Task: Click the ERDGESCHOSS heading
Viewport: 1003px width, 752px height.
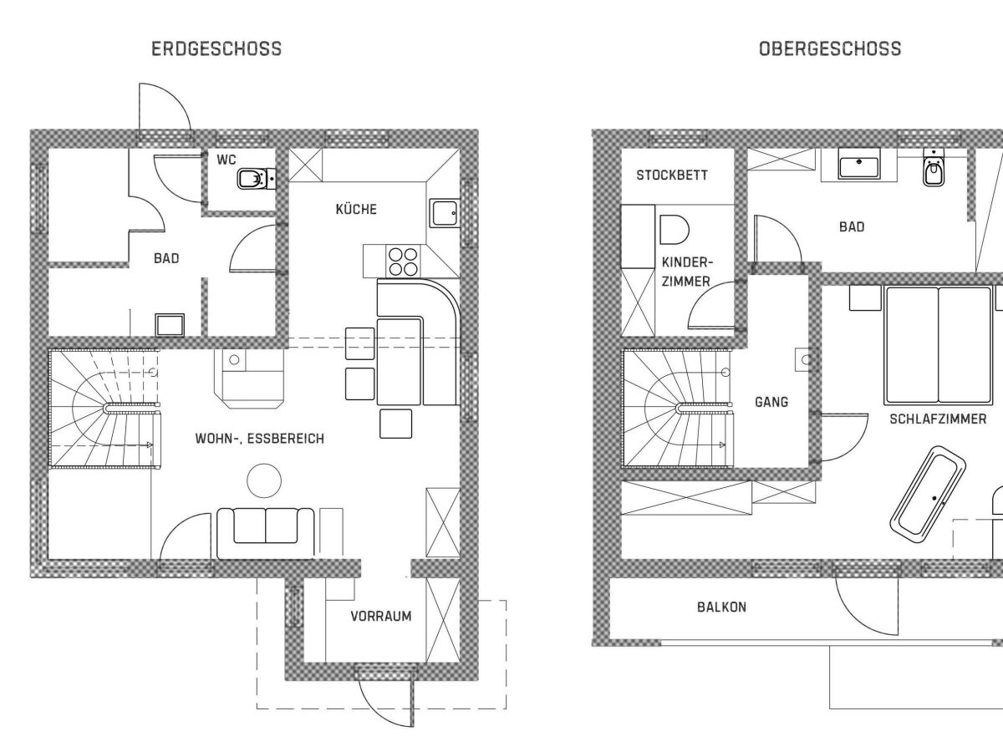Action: point(216,49)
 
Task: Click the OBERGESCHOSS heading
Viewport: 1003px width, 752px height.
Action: point(829,49)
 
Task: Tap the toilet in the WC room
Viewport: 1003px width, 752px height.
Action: point(252,178)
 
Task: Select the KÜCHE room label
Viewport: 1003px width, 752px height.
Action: point(356,209)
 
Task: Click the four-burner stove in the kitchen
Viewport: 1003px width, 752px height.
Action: point(402,262)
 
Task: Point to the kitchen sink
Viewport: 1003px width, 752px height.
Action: point(443,213)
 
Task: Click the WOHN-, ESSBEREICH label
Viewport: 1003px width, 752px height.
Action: point(259,438)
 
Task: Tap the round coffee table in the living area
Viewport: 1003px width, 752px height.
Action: point(263,480)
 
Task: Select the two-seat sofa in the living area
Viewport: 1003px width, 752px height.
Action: point(265,531)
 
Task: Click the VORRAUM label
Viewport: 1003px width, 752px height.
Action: point(380,617)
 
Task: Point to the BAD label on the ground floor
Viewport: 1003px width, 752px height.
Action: point(165,259)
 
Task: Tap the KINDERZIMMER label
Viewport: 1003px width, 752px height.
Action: point(685,272)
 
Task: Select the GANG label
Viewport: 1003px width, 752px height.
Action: point(771,402)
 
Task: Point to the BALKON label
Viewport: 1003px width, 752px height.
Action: point(721,607)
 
